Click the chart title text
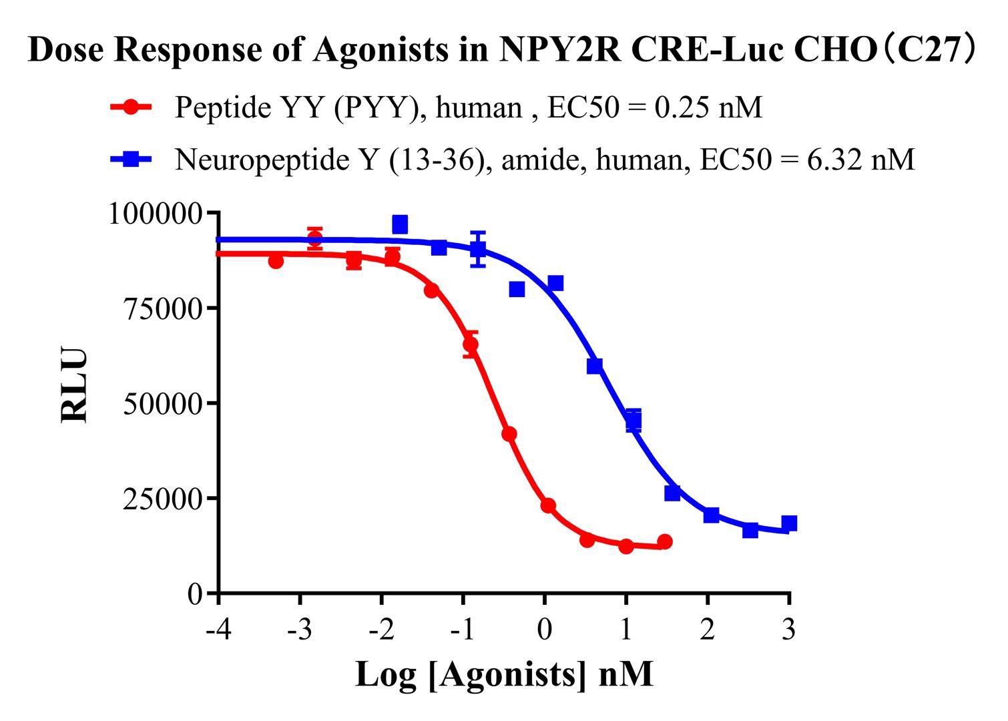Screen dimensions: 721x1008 504,50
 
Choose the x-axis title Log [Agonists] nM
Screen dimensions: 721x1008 504,674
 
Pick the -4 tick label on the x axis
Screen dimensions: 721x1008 218,629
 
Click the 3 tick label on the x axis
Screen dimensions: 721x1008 789,629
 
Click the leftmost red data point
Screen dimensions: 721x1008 276,261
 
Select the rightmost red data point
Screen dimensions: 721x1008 664,541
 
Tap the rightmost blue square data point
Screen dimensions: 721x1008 789,523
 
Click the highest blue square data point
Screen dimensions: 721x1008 400,224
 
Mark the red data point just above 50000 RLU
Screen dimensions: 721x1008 471,344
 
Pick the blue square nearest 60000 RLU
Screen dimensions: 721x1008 594,366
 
